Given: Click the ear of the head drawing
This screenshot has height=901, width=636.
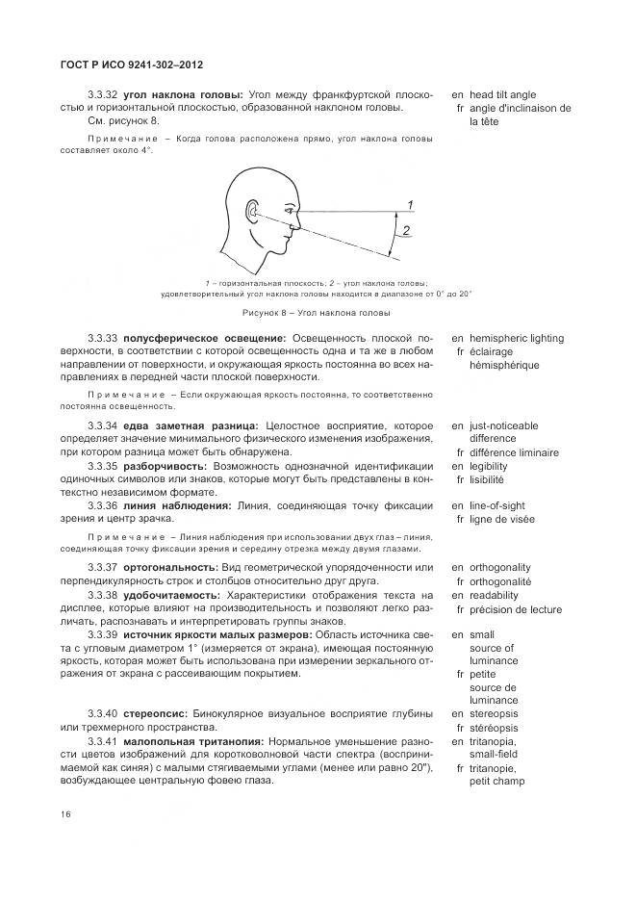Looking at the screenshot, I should [x=253, y=210].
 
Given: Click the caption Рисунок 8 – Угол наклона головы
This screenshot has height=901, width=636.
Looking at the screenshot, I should [x=315, y=313].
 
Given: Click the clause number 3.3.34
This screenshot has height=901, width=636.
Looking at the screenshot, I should [x=102, y=425].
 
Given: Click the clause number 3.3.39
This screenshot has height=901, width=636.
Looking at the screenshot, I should [x=102, y=635].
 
